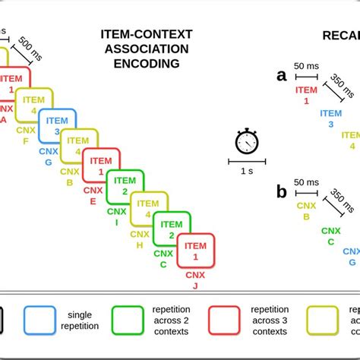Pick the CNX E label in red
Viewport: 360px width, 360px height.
point(93,196)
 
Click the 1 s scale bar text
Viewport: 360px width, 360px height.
point(247,171)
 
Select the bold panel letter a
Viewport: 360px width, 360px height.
point(282,74)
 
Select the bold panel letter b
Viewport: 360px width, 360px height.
point(282,192)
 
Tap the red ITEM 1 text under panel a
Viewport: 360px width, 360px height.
point(306,95)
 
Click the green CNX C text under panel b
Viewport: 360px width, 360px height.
point(330,236)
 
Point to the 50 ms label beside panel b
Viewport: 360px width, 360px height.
point(306,183)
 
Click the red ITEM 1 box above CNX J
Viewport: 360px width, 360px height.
point(195,251)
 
